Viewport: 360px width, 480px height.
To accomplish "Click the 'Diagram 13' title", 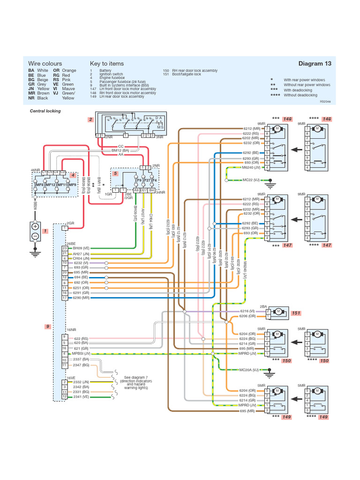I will [315, 64].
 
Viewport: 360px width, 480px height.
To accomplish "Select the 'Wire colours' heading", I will [45, 64].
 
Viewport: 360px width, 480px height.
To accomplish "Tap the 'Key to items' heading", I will [107, 64].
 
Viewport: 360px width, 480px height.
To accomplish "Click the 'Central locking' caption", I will [45, 111].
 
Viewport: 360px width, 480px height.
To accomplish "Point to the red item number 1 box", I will [45, 231].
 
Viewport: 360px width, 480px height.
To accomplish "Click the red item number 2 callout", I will [90, 120].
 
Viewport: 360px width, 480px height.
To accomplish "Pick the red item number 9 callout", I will [47, 327].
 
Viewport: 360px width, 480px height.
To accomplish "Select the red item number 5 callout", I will [115, 173].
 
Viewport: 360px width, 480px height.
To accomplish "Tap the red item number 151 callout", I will [296, 313].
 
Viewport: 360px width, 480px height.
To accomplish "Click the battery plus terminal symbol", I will [35, 226].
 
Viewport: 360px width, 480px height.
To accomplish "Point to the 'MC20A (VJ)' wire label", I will [249, 370].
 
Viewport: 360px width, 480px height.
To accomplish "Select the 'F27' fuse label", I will [147, 180].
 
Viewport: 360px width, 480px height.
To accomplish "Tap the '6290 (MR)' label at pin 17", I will [81, 298].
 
